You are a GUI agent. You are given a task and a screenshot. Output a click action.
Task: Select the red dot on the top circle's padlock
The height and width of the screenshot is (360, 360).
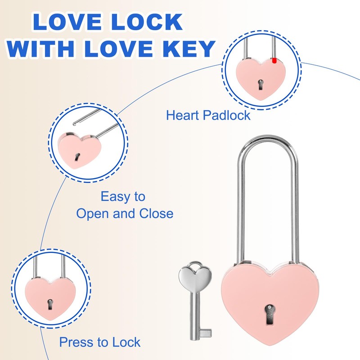274,60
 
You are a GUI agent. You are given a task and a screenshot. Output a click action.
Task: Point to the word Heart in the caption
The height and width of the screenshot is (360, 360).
182,115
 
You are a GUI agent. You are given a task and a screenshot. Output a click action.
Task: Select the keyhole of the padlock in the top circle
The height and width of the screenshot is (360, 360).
261,84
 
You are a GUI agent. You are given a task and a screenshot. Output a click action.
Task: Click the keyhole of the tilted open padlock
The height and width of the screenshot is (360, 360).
77,157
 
